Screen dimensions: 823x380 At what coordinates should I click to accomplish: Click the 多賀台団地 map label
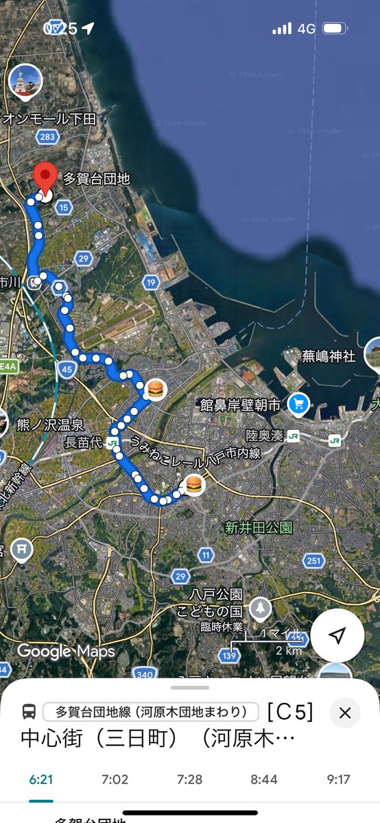(96, 180)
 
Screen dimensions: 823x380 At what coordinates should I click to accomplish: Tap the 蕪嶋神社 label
(329, 356)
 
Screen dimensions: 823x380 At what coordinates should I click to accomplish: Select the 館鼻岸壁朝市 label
(240, 405)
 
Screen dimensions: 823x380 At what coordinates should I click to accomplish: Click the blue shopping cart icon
(299, 403)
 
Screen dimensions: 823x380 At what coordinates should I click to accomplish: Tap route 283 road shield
(47, 137)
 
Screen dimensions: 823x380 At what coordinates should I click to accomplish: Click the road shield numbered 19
(151, 282)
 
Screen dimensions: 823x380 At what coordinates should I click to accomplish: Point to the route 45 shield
(67, 370)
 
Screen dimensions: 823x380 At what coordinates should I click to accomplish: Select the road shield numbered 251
(313, 561)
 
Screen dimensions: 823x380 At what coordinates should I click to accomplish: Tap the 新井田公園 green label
(259, 527)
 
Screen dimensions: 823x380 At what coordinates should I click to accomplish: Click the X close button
(345, 713)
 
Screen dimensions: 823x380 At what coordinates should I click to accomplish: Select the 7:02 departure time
(114, 780)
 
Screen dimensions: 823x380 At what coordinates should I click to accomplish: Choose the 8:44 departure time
(263, 780)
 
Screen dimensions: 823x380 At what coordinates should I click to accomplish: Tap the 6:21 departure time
(41, 780)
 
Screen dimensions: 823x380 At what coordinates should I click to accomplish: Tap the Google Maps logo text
(67, 651)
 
